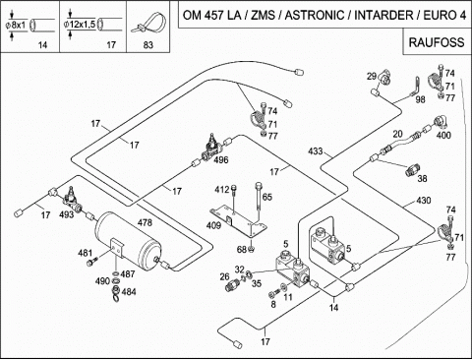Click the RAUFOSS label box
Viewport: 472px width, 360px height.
437,42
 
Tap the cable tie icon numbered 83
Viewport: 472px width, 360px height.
148,24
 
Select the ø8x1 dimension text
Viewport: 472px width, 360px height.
16,26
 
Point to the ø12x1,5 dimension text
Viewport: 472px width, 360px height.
80,24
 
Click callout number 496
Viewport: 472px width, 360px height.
220,160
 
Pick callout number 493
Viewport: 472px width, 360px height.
66,214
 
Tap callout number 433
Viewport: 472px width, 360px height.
316,151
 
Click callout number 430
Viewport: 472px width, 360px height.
423,200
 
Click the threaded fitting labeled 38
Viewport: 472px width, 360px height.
412,170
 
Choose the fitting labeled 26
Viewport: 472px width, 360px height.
232,285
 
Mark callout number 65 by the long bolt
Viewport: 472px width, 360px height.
266,197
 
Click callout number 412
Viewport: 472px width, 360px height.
222,190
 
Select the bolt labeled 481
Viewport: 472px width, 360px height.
92,262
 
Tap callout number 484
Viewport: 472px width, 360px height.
129,291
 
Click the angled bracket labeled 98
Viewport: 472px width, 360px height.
416,86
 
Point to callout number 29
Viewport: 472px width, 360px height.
371,77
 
